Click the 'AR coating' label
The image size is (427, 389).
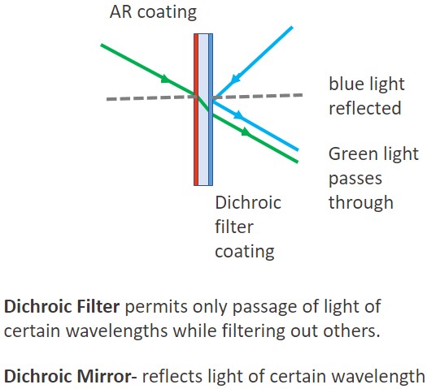pos(153,12)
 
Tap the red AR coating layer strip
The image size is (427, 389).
pos(196,110)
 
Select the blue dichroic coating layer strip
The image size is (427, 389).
pos(211,110)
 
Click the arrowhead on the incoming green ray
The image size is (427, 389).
pos(166,79)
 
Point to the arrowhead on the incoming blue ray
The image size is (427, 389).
pos(235,79)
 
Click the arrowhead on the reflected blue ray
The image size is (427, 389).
pos(238,115)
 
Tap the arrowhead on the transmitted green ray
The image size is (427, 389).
pos(246,132)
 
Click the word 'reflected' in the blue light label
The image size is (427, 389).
pos(365,108)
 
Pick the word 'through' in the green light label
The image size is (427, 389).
pos(361,202)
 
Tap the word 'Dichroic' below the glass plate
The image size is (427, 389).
pos(248,203)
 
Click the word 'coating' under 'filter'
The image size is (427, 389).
pos(245,252)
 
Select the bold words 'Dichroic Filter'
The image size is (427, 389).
pos(62,306)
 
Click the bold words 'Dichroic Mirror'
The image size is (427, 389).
pos(68,376)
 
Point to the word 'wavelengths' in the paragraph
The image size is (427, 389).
pos(117,331)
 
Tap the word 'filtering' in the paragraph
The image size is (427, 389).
pos(253,331)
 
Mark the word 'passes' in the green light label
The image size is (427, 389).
pos(355,179)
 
